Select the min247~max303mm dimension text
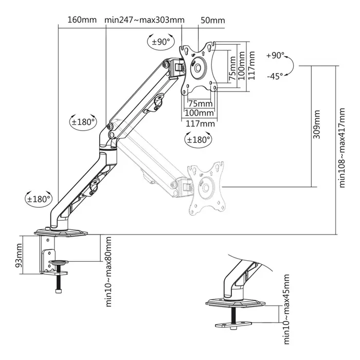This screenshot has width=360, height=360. coord(144,21)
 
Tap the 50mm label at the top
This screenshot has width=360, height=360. coord(212,21)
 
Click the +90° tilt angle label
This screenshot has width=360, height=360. coord(276,56)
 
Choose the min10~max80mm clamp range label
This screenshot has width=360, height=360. coord(109,272)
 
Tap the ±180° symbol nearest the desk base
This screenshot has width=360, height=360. coord(39,199)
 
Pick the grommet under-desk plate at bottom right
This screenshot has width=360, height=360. coord(235,325)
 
